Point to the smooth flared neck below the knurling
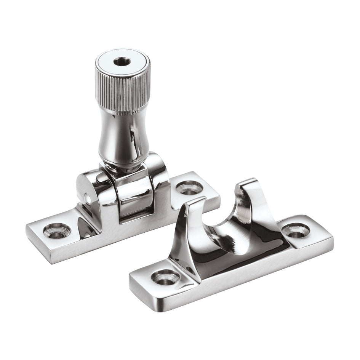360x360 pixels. [x=119, y=130]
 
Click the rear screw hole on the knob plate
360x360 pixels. [x=189, y=187]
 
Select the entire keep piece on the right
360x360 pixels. [x=229, y=248]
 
